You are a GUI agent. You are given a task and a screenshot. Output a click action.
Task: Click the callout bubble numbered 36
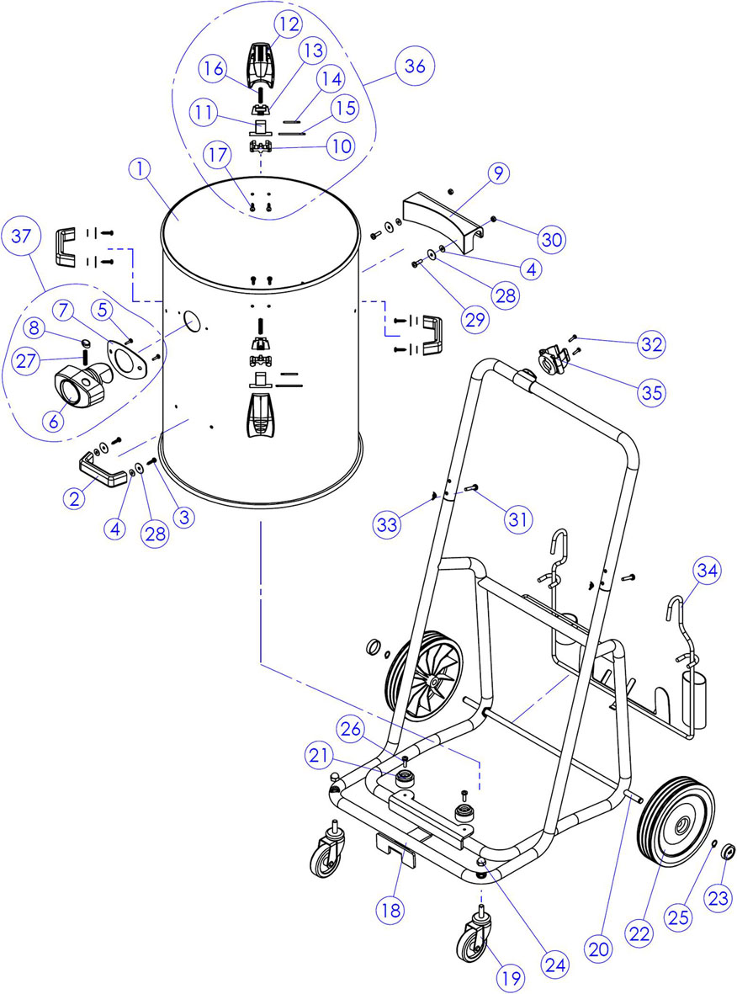(415, 66)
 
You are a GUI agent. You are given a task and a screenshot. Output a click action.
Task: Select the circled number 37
(21, 236)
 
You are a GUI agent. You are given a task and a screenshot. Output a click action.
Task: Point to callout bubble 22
(639, 933)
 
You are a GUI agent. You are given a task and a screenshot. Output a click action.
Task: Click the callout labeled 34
(708, 571)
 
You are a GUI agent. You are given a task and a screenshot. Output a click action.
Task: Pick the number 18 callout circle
(391, 911)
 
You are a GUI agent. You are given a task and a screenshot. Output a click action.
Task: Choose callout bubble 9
(499, 173)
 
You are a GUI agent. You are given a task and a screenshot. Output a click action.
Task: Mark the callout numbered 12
(289, 24)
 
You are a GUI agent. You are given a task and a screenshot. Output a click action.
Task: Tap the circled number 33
(387, 524)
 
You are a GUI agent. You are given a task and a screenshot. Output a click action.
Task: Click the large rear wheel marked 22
(674, 823)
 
